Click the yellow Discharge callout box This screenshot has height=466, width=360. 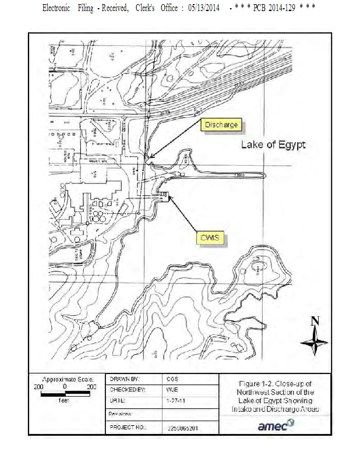(x=220, y=125)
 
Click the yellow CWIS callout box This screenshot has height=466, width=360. (x=210, y=238)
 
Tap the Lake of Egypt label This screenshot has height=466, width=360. (x=273, y=144)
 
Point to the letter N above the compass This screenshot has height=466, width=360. (x=315, y=321)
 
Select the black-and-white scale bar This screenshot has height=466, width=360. (x=65, y=393)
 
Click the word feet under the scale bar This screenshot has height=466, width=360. (x=65, y=401)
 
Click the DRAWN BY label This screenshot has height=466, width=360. (x=125, y=379)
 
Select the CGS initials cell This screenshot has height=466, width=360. (x=173, y=379)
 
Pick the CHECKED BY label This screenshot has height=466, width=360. (x=127, y=389)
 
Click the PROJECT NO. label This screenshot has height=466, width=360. (x=128, y=427)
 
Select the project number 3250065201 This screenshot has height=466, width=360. (x=182, y=428)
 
